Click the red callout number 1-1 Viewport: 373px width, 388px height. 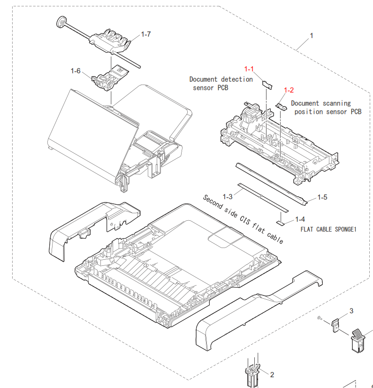249,69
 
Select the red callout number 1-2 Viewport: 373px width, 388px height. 289,90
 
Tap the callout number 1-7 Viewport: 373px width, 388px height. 146,34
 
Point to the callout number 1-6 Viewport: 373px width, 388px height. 76,71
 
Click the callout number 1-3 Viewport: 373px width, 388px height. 228,197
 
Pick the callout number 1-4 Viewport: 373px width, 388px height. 300,219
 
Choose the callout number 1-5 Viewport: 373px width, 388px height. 322,197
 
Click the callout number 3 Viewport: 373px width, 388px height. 351,311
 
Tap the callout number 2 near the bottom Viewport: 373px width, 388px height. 272,375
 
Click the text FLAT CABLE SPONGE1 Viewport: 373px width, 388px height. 328,229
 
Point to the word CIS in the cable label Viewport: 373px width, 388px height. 245,219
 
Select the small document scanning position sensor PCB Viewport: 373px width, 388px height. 282,107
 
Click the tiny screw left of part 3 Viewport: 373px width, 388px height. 319,318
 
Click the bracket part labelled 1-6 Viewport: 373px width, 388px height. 110,78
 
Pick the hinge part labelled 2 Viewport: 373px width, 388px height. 252,373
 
